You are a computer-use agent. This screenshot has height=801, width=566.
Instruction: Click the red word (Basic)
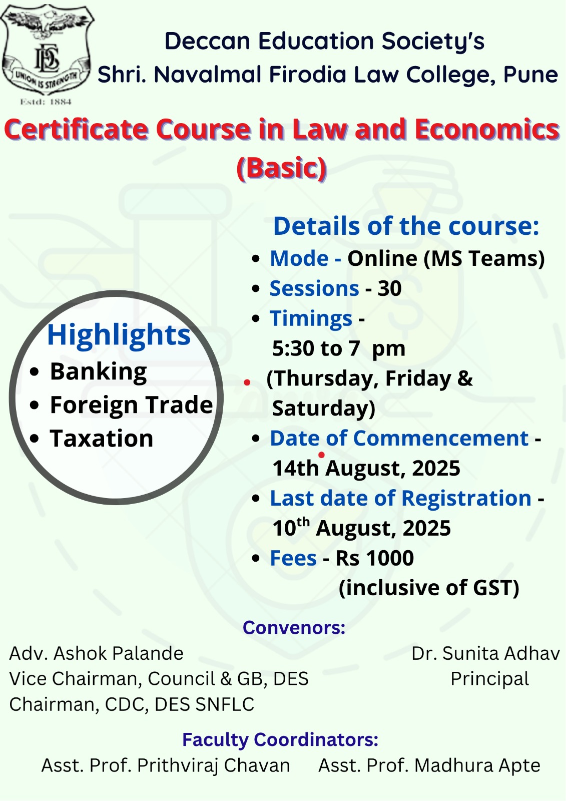pyautogui.click(x=282, y=168)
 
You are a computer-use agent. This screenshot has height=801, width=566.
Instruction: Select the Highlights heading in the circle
pyautogui.click(x=119, y=335)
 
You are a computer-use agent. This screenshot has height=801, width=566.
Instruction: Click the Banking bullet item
pyautogui.click(x=98, y=372)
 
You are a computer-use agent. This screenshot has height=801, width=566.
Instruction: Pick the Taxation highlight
pyautogui.click(x=102, y=439)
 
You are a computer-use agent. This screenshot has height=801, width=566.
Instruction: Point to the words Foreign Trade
pyautogui.click(x=132, y=405)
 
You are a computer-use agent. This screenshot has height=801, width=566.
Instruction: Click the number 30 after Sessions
pyautogui.click(x=390, y=288)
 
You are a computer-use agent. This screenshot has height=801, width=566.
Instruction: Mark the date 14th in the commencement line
pyautogui.click(x=295, y=468)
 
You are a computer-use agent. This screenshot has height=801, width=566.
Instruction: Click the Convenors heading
pyautogui.click(x=294, y=628)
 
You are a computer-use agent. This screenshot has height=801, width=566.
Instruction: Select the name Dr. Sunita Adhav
pyautogui.click(x=485, y=653)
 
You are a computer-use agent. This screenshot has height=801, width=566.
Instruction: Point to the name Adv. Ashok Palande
pyautogui.click(x=96, y=653)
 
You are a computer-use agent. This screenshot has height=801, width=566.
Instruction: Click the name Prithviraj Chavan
pyautogui.click(x=214, y=765)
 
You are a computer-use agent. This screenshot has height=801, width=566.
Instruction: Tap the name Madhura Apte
pyautogui.click(x=477, y=765)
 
